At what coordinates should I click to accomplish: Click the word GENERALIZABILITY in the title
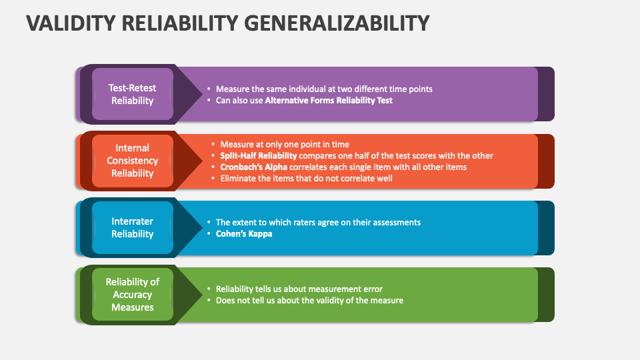(x=337, y=23)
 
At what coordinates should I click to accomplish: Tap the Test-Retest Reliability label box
(x=132, y=94)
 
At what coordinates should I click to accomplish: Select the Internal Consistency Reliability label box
(x=132, y=161)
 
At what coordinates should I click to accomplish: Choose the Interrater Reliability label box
(x=132, y=227)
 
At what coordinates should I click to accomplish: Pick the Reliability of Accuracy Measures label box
(x=132, y=295)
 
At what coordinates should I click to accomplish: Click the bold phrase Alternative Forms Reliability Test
(x=329, y=101)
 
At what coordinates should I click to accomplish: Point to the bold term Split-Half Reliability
(x=259, y=155)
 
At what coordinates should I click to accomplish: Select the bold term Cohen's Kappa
(x=243, y=234)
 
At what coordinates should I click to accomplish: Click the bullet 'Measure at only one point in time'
(x=285, y=144)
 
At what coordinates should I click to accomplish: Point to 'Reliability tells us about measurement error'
(x=299, y=289)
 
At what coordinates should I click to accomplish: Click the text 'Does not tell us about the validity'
(x=309, y=300)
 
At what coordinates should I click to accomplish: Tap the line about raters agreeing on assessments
(x=318, y=222)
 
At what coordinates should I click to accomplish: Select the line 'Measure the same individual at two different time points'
(x=324, y=89)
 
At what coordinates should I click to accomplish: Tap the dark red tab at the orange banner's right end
(x=546, y=161)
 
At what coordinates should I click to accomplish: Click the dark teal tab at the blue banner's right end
(x=546, y=227)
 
